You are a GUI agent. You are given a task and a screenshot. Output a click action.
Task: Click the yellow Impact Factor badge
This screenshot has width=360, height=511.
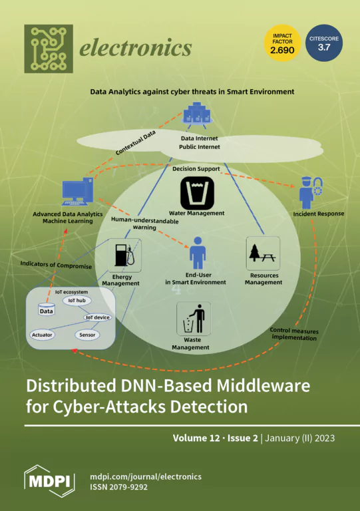pyautogui.click(x=282, y=43)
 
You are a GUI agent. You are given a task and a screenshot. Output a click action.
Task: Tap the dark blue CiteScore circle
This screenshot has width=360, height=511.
pyautogui.click(x=324, y=43)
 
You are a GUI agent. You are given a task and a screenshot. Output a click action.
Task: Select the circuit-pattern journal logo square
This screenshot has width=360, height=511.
pyautogui.click(x=49, y=49)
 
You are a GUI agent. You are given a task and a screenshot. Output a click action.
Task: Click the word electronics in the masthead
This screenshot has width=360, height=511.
pyautogui.click(x=136, y=48)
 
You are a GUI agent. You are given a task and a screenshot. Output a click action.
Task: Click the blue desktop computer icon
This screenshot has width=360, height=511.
pyautogui.click(x=78, y=192)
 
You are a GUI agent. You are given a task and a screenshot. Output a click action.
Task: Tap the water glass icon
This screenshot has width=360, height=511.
pyautogui.click(x=197, y=193)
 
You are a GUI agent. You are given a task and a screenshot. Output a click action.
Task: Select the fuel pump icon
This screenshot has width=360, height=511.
pyautogui.click(x=124, y=255)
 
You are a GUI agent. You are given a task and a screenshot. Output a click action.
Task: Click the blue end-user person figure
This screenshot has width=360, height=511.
pyautogui.click(x=198, y=253)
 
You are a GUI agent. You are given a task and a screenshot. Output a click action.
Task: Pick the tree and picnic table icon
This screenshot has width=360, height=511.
pyautogui.click(x=263, y=254)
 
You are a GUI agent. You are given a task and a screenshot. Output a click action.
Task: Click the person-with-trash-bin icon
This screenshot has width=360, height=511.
pyautogui.click(x=194, y=319)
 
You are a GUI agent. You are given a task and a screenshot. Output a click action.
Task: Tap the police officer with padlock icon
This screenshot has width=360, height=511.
pyautogui.click(x=311, y=192)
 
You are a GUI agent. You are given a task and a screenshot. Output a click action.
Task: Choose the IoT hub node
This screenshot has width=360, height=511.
pyautogui.click(x=77, y=301)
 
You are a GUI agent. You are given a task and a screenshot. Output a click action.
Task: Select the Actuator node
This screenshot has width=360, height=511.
pyautogui.click(x=42, y=335)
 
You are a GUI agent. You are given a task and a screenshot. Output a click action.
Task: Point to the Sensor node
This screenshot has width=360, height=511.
pyautogui.click(x=87, y=335)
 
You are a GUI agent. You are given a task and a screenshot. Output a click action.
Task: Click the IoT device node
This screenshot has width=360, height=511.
pyautogui.click(x=97, y=317)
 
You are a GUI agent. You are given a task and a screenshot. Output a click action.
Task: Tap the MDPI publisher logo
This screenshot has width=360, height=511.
pyautogui.click(x=49, y=481)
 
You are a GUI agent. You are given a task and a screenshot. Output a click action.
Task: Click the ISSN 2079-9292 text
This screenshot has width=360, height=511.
pyautogui.click(x=118, y=487)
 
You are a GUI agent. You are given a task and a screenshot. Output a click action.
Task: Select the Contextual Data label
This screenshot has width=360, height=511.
pyautogui.click(x=136, y=142)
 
